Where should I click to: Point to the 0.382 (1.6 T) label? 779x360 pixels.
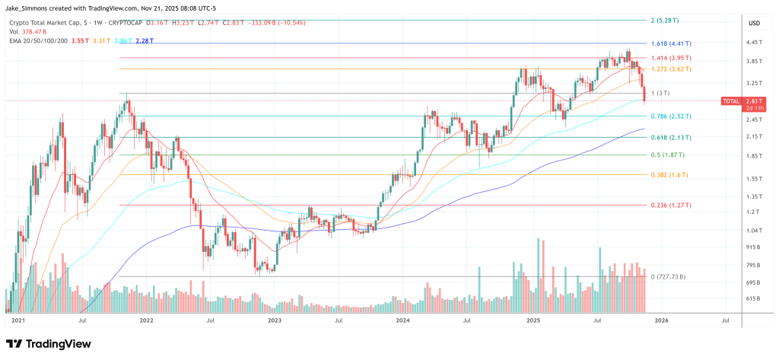[x=669, y=175]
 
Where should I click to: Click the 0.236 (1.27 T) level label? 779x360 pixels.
[x=672, y=205]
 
